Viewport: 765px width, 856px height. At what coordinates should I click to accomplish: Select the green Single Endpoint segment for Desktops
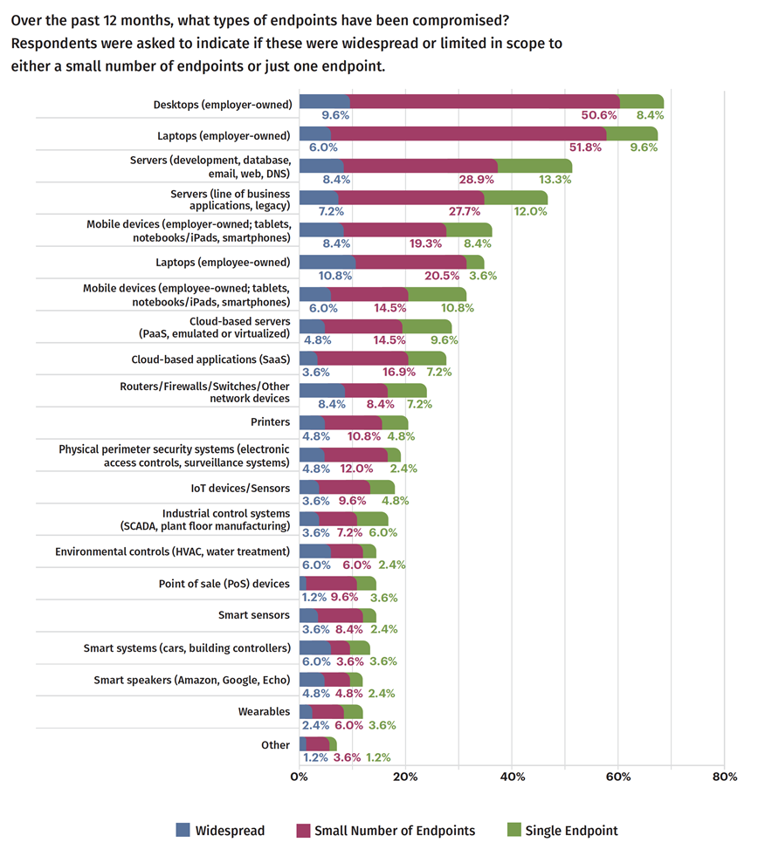pos(642,102)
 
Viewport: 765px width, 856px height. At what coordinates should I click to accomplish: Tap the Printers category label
pos(270,421)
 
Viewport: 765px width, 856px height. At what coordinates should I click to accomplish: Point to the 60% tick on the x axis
pos(618,777)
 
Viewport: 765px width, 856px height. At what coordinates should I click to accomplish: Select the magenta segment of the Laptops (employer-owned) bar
pos(468,134)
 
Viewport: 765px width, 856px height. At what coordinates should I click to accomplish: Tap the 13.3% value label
pos(555,180)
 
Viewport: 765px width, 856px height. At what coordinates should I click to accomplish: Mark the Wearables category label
pos(264,712)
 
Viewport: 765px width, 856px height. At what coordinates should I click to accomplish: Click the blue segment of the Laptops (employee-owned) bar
pos(327,262)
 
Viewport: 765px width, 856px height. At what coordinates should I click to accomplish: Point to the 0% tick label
pos(300,777)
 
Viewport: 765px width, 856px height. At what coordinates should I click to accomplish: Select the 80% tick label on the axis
pos(724,777)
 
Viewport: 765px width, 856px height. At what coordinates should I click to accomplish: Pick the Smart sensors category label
pos(253,615)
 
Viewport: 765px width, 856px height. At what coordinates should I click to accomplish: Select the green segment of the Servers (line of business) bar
pos(515,198)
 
